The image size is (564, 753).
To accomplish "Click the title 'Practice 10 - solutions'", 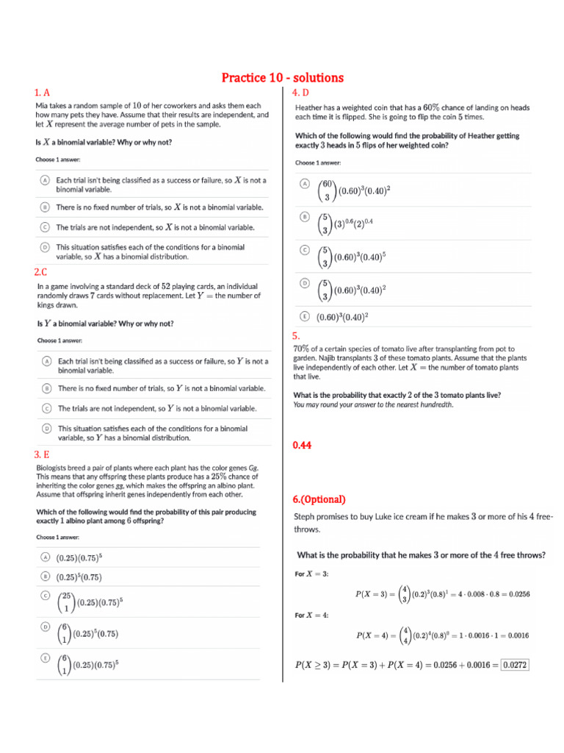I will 282,78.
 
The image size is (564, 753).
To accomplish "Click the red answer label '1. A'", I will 42,93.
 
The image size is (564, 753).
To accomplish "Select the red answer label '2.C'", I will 40,271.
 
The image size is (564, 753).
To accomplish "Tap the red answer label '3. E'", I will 42,454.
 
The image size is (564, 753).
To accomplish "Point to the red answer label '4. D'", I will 300,93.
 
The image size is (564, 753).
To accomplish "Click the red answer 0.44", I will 303,445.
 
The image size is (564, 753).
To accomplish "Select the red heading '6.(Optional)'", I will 319,499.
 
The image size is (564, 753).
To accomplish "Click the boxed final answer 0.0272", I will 515,665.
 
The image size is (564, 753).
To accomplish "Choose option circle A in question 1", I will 44,180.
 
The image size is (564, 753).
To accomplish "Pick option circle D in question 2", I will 46,428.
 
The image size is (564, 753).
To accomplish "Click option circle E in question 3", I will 45,657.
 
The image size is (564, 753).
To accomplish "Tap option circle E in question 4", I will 304,316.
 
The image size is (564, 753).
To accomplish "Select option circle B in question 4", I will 304,217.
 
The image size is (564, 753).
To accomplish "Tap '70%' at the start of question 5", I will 301,348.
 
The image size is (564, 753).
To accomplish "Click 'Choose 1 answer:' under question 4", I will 318,163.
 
